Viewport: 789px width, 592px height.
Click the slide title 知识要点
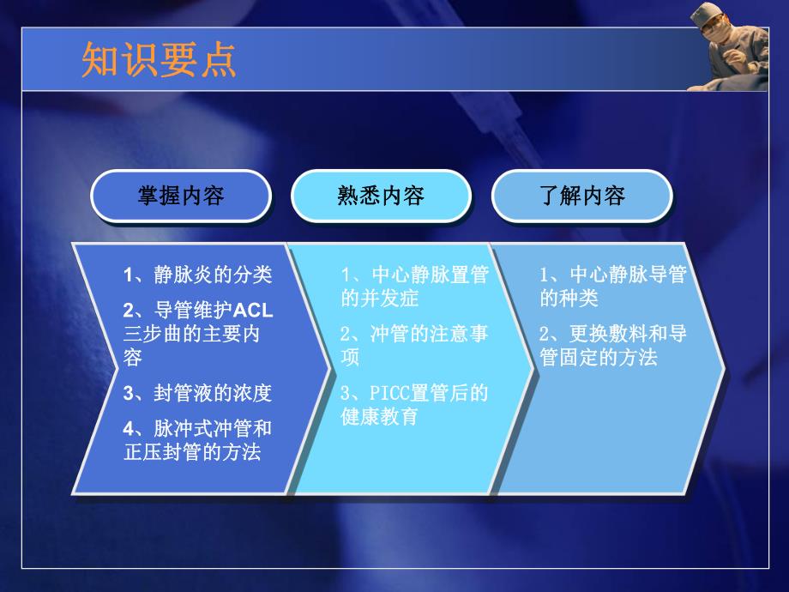pos(159,61)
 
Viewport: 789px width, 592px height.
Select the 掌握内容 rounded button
pos(181,196)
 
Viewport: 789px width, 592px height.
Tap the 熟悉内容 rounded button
pos(381,196)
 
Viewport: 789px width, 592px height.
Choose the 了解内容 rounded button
pos(581,196)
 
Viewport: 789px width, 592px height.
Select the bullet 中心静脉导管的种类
pos(612,287)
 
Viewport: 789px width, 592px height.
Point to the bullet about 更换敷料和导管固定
pos(612,345)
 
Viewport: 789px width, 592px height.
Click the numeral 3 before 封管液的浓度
pos(128,393)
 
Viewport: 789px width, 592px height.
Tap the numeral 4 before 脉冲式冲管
pos(128,428)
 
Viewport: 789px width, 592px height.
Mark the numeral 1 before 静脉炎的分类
pos(128,275)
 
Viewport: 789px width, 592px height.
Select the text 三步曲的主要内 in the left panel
pos(191,335)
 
